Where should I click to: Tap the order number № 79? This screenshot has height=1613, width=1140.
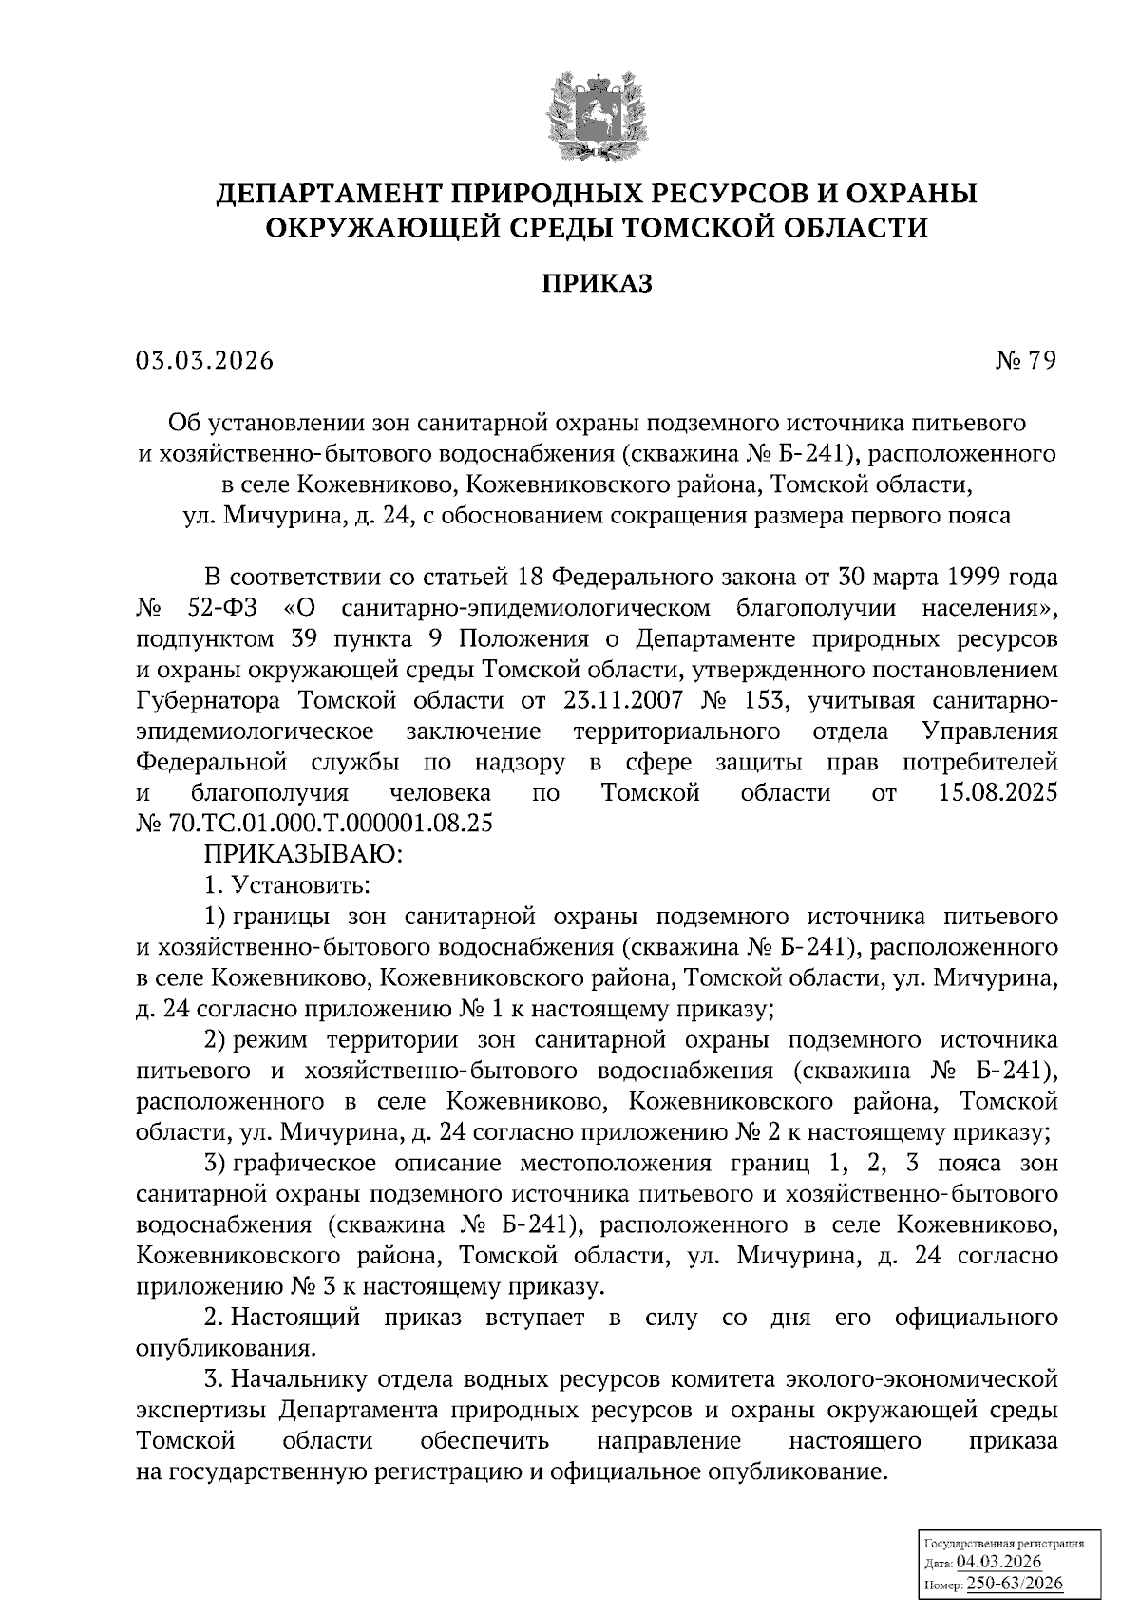[x=1025, y=361]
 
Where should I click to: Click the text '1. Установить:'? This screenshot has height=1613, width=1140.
[x=287, y=885]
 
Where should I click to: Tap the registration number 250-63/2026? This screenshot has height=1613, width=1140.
[x=1015, y=1584]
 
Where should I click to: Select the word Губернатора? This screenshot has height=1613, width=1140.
[x=208, y=701]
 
